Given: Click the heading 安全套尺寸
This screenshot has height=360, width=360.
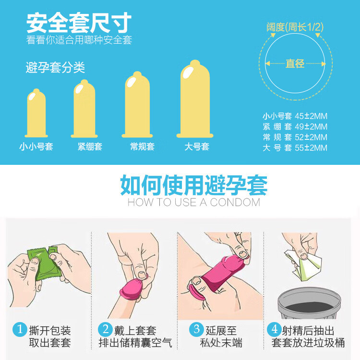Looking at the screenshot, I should pos(79,23).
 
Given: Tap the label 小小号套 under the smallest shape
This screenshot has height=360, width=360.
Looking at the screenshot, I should pos(36,147).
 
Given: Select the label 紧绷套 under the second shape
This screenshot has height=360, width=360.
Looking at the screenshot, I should pos(90,147).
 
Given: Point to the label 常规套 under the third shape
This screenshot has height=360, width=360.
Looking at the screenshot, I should pos(142,147).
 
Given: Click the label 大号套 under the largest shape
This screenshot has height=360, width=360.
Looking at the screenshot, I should pos(197,147).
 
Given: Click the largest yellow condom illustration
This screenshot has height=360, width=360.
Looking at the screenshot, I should pos(195,100).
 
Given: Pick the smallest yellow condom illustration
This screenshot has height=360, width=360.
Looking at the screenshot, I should pos(36,113).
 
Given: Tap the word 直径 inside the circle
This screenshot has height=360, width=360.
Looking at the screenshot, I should pos(295,63).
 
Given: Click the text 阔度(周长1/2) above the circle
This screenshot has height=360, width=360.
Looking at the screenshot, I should pos(295,27).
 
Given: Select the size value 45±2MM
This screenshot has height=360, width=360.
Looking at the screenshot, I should pos(311,116).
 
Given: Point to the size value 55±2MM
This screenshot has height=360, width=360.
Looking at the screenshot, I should pos(311,148).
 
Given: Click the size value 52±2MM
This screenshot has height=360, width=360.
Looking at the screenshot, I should pos(311,137).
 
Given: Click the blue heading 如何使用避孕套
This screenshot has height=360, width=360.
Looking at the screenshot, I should pos(193,185).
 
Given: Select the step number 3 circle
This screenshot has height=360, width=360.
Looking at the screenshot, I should pos(196,330).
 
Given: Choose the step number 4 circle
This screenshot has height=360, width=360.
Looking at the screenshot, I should pos(274,330).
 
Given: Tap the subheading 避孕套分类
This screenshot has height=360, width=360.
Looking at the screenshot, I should pos(55,68).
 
